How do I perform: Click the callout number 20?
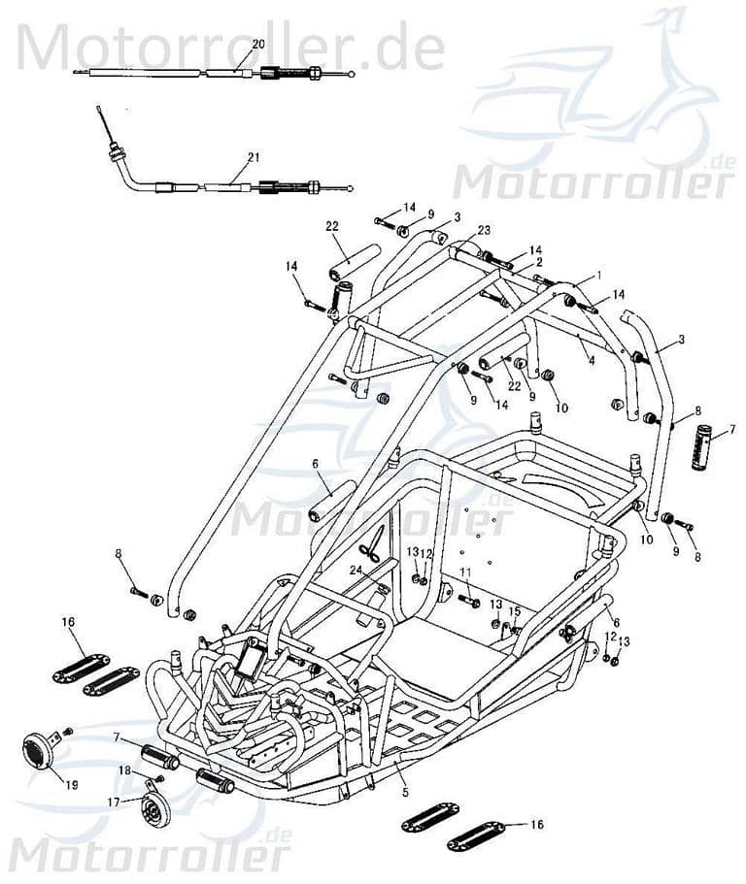click(257, 44)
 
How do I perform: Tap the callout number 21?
click(254, 156)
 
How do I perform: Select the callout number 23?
click(484, 230)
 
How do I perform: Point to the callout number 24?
click(356, 570)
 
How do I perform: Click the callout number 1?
click(599, 276)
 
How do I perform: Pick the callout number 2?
click(539, 262)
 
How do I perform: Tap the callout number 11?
click(465, 572)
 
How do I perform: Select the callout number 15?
click(515, 611)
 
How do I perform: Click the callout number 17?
click(114, 802)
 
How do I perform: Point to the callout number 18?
click(124, 769)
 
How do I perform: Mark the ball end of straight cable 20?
click(352, 74)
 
